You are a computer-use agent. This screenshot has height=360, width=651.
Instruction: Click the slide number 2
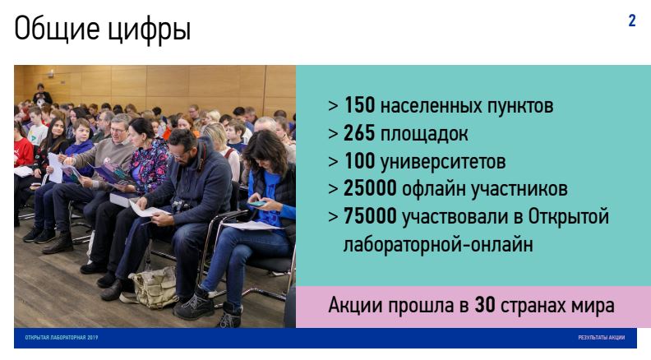coord(632,21)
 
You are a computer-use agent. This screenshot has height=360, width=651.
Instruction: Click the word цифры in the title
coord(150,30)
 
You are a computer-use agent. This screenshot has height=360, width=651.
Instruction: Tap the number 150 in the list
coord(359,105)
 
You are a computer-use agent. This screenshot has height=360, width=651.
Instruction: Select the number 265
coord(359,133)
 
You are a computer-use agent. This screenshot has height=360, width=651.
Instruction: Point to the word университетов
coord(443,162)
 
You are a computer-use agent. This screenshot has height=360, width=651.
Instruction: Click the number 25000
coord(371,188)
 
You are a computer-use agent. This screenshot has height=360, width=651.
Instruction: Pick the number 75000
coord(371,216)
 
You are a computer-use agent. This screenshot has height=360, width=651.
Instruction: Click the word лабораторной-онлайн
coord(438,245)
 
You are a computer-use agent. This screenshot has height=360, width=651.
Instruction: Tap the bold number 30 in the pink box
coord(485,306)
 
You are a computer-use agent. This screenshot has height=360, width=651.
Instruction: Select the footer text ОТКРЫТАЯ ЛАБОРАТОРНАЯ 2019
coord(62,338)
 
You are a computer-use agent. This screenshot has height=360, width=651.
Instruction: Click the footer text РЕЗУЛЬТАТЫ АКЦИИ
coord(602,338)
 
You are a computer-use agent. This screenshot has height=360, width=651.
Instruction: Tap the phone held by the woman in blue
coord(256,204)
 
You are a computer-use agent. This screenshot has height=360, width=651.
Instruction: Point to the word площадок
coord(424,134)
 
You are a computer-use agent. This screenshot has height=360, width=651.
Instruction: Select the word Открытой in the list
coord(568,217)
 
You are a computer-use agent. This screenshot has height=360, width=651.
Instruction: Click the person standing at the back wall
coord(42,95)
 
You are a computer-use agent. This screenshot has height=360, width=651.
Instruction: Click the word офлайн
coord(433,189)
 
